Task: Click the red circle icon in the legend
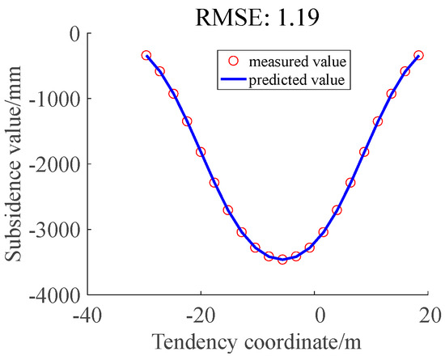pos(235,61)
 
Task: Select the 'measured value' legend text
pos(298,61)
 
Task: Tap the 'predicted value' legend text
pos(298,79)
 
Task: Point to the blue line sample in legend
pos(235,79)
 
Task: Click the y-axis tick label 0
pos(75,33)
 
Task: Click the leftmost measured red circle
pos(146,55)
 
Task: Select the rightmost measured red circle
pos(418,55)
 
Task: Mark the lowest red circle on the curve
pos(282,259)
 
